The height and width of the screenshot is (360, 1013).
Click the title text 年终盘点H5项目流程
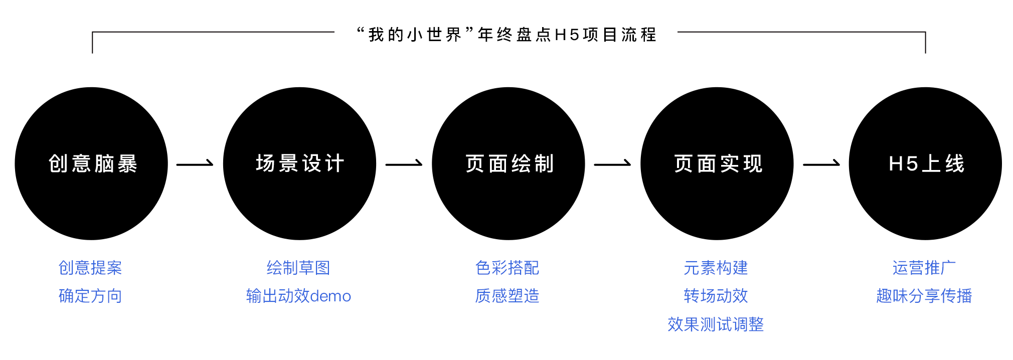click(x=567, y=35)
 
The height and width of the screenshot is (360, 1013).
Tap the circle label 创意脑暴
click(x=93, y=164)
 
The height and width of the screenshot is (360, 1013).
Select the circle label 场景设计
click(x=300, y=164)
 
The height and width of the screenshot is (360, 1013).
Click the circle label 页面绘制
click(x=509, y=164)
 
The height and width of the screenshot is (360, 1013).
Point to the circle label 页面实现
click(x=718, y=164)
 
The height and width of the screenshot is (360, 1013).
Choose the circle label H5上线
click(x=926, y=164)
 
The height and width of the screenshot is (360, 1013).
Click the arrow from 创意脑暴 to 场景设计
click(x=195, y=163)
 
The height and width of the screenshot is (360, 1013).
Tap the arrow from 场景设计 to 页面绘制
click(x=404, y=163)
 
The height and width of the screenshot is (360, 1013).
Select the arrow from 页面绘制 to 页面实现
click(x=612, y=163)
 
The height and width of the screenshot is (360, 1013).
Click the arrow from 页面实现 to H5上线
click(x=821, y=163)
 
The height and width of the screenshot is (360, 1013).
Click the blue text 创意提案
click(x=90, y=268)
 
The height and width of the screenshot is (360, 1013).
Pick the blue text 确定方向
click(x=90, y=296)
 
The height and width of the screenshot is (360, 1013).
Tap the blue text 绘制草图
click(x=298, y=268)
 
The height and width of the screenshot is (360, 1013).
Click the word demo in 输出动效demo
click(x=330, y=296)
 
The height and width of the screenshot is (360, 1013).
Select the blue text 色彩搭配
click(x=507, y=268)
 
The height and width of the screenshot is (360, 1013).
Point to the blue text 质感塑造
click(x=507, y=296)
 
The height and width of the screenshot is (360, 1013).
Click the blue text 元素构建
click(x=716, y=268)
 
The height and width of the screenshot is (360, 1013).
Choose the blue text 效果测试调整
click(x=716, y=324)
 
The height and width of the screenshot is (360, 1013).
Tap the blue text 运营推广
click(x=924, y=268)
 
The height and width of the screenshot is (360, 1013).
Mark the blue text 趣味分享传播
click(x=924, y=296)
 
